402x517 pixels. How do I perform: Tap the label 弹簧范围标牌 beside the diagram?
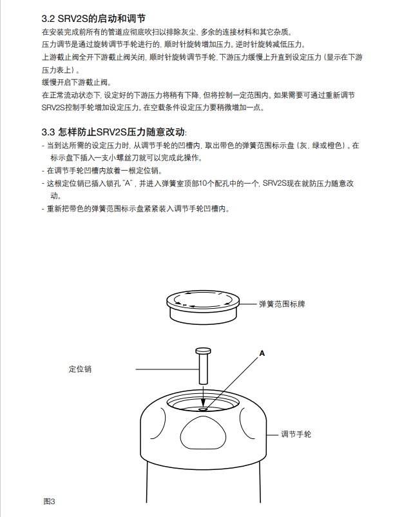[282, 303]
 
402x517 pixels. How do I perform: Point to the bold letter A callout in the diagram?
[262, 353]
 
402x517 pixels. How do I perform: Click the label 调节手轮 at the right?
[296, 434]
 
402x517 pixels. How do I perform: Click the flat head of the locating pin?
[203, 351]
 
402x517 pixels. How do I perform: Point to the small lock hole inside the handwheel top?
[203, 408]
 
